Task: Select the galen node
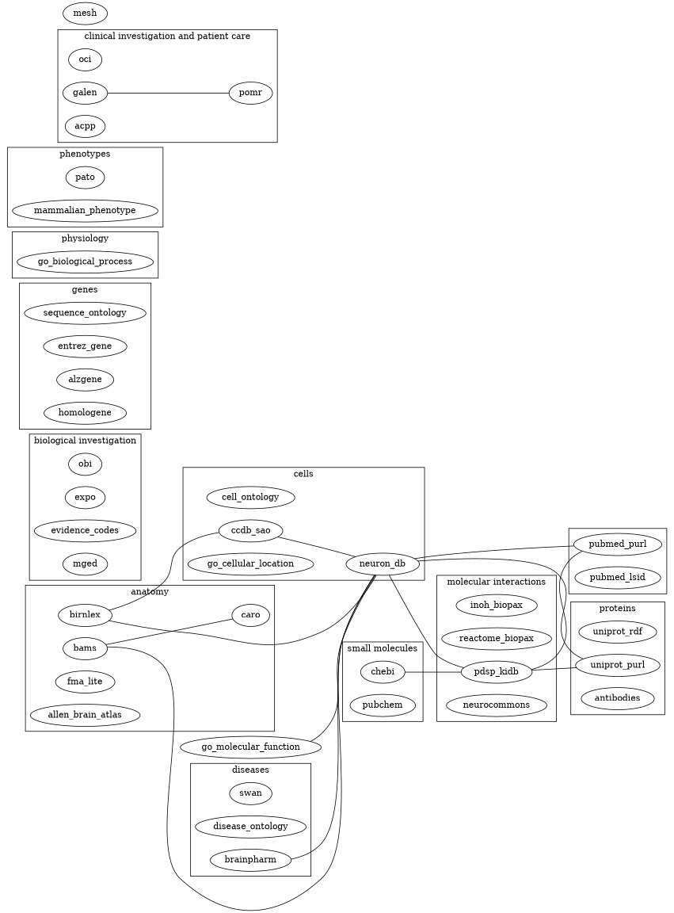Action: point(85,93)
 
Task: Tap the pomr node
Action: point(250,93)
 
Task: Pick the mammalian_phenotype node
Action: point(85,211)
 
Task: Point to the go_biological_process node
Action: point(85,262)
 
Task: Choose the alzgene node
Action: point(85,380)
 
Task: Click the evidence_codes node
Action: point(85,529)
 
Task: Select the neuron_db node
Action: point(383,563)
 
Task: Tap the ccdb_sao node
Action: point(250,529)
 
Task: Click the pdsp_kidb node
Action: point(497,672)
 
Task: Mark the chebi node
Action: point(383,672)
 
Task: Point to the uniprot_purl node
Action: point(618,664)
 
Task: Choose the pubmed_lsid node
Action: point(618,578)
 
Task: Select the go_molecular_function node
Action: point(250,747)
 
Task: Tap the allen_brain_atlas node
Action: point(85,714)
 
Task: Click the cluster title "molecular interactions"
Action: point(497,582)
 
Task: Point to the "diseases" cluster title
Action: point(250,769)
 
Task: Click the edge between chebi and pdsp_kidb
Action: point(433,672)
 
